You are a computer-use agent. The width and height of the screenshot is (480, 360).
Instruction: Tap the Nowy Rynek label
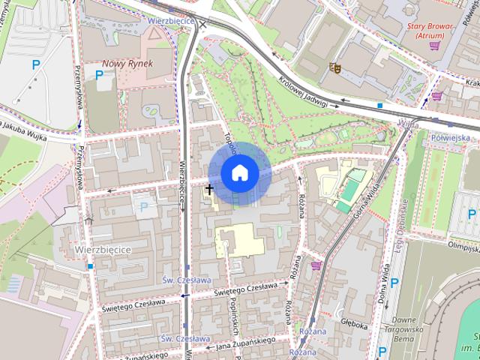(127, 64)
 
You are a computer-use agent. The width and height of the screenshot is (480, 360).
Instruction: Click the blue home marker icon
(239, 172)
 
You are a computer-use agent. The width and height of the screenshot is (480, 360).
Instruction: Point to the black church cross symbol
(208, 190)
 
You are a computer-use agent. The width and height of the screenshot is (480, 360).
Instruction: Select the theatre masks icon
(335, 68)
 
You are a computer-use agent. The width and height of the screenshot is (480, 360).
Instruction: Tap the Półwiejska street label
(451, 138)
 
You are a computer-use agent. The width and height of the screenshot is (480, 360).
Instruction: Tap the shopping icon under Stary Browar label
(434, 45)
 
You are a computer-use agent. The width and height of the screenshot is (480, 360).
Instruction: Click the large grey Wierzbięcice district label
(103, 248)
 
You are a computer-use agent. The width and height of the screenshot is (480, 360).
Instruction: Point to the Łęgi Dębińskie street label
(403, 217)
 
